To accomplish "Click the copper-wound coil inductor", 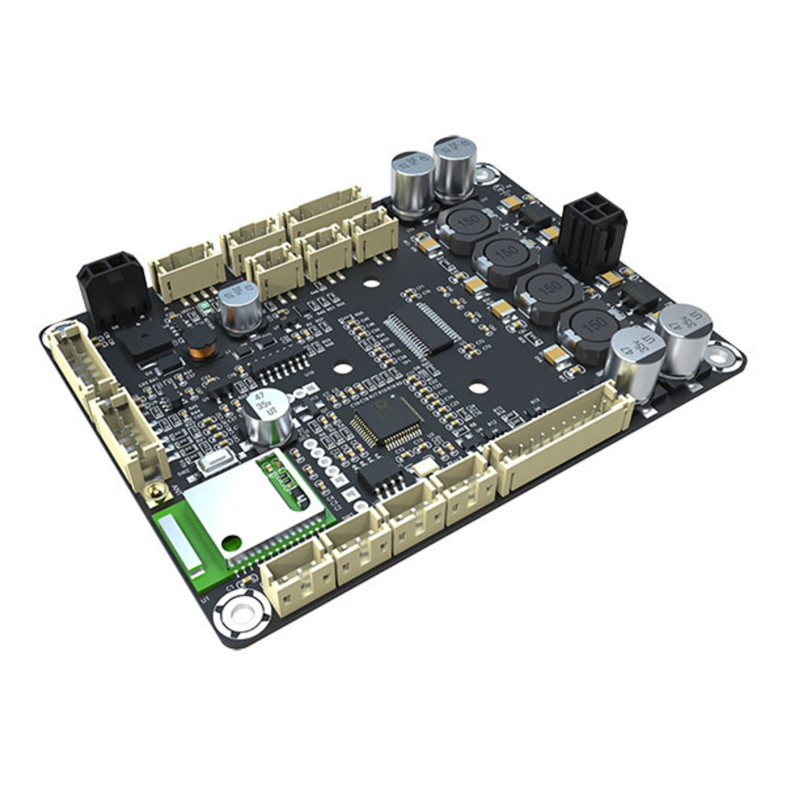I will (x=203, y=343).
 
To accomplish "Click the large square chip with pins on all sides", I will (x=387, y=421).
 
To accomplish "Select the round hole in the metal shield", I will (x=231, y=542).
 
